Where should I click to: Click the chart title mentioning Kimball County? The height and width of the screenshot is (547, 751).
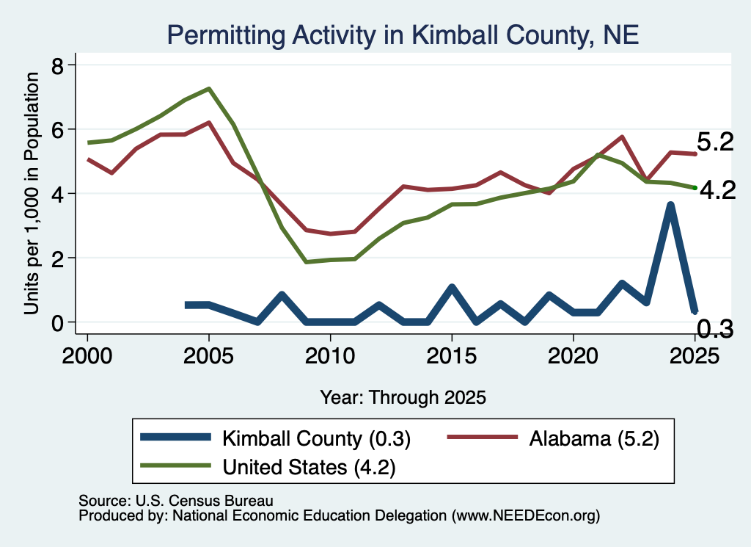pyautogui.click(x=403, y=35)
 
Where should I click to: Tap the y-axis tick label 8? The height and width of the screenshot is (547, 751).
pyautogui.click(x=57, y=65)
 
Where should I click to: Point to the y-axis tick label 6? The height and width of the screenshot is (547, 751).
pyautogui.click(x=57, y=130)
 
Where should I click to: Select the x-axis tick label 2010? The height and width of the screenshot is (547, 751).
pyautogui.click(x=330, y=355)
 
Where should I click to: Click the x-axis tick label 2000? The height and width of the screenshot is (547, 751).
pyautogui.click(x=87, y=355)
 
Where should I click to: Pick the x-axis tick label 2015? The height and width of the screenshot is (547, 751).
pyautogui.click(x=452, y=355)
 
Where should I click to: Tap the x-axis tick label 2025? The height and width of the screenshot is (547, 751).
pyautogui.click(x=695, y=355)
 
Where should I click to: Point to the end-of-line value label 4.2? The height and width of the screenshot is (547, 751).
pyautogui.click(x=717, y=191)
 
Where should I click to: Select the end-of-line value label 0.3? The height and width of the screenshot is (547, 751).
pyautogui.click(x=714, y=329)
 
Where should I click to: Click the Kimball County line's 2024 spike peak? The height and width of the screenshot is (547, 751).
pyautogui.click(x=670, y=205)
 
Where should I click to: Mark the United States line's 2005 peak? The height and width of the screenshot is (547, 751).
pyautogui.click(x=209, y=89)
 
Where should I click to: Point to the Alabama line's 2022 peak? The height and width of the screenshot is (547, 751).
pyautogui.click(x=622, y=137)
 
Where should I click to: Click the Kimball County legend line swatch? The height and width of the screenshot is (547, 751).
pyautogui.click(x=175, y=437)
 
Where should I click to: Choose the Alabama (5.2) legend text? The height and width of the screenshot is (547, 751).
pyautogui.click(x=594, y=438)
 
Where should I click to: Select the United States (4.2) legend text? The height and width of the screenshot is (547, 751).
pyautogui.click(x=309, y=467)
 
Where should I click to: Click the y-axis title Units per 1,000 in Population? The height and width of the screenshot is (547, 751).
pyautogui.click(x=32, y=193)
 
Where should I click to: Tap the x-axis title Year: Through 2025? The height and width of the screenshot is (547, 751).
pyautogui.click(x=403, y=397)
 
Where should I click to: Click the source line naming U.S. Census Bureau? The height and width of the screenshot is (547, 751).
pyautogui.click(x=176, y=501)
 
